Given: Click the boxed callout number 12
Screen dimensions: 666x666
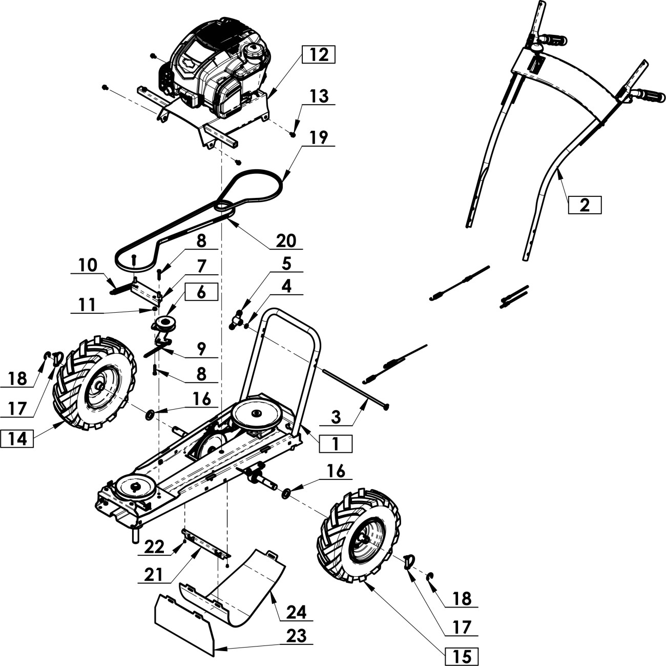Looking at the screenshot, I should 318,55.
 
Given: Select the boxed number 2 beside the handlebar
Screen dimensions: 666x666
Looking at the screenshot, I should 585,205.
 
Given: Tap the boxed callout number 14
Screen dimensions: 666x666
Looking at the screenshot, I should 17,439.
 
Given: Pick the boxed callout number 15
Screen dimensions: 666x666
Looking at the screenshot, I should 462,656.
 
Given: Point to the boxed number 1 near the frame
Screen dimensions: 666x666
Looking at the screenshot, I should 336,443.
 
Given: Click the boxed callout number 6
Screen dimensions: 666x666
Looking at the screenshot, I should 201,292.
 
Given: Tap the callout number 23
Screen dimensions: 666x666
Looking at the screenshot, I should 296,636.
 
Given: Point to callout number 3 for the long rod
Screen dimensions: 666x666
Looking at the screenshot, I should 336,417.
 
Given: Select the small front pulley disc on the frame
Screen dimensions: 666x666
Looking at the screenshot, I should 135,487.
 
